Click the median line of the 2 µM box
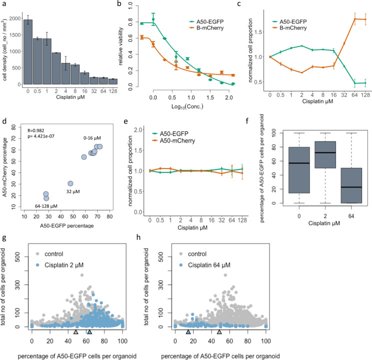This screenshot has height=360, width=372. (x=300, y=152)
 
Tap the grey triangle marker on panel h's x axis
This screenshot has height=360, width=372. (x=219, y=331)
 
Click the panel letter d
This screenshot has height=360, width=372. (x=3, y=120)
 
